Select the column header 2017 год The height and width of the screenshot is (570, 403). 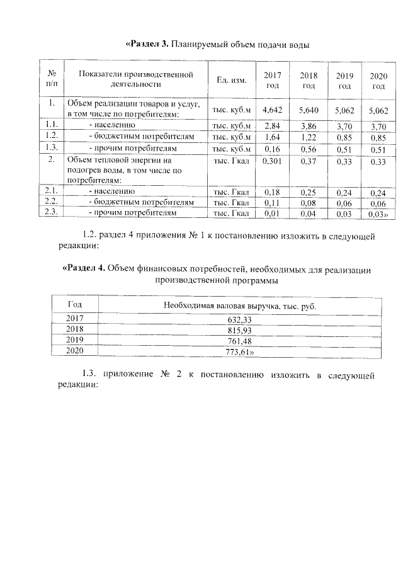point(272,80)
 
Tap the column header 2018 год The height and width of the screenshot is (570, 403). point(309,80)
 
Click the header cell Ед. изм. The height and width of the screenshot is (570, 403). point(232,81)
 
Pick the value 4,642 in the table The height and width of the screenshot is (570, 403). point(272,110)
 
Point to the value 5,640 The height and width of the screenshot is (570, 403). point(309,110)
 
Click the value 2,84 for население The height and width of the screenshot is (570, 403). point(272,126)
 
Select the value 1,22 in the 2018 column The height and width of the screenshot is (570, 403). point(309,137)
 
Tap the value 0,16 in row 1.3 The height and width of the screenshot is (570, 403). point(272,149)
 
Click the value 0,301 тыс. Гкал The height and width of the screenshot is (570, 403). point(272,162)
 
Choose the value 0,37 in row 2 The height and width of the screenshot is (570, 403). point(309,162)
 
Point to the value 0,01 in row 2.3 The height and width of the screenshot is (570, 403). point(272,214)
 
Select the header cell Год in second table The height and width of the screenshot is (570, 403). point(75,305)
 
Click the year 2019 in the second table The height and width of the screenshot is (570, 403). point(75,341)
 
